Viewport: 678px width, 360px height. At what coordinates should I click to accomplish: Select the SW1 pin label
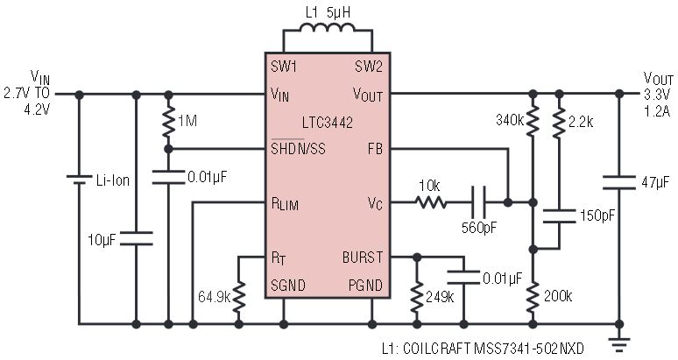pos(284,67)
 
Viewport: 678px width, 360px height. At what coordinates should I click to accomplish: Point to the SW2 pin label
pos(371,67)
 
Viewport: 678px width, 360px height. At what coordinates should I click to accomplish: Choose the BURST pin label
pos(363,258)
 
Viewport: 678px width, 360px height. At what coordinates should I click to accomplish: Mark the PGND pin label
pos(366,286)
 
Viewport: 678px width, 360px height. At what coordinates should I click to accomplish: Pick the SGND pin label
pos(288,286)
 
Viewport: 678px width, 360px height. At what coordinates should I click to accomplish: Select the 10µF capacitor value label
pos(104,239)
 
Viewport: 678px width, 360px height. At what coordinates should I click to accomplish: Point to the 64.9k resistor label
pos(214,298)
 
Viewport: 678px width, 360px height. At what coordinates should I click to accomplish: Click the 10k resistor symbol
pos(431,203)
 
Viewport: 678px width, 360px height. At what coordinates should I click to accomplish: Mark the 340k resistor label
pos(510,119)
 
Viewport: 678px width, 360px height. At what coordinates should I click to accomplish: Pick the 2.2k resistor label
pos(581,119)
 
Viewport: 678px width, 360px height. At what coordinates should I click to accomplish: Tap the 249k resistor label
pos(439,298)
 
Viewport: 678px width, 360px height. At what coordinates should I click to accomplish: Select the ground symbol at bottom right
pos(622,342)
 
